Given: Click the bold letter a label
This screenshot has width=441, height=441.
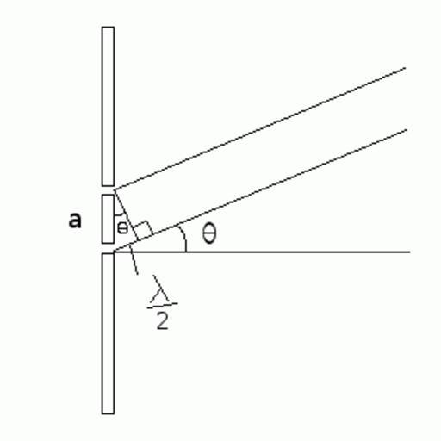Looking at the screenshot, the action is click(x=75, y=220).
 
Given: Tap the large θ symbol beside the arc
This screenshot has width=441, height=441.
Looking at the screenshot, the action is click(x=209, y=233).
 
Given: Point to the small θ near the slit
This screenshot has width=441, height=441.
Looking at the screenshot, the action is click(x=122, y=227).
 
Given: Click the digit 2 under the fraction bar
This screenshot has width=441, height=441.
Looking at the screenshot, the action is click(x=162, y=320).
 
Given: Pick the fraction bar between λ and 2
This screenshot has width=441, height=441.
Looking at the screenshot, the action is click(x=162, y=306).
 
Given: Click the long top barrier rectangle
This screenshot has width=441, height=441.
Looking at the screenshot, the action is click(x=108, y=107).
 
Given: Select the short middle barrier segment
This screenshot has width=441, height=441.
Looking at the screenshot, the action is click(x=108, y=219).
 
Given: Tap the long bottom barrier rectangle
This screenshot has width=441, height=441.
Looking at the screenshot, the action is click(x=108, y=333).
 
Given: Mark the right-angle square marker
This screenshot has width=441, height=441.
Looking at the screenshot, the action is click(x=144, y=228).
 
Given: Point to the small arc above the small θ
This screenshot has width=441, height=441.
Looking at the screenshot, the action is click(x=120, y=214).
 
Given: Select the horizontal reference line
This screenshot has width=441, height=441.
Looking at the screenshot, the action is click(x=262, y=252).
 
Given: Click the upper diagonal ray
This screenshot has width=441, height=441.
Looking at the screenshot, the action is click(x=260, y=129).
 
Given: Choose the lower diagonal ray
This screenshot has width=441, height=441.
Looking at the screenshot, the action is click(x=260, y=190).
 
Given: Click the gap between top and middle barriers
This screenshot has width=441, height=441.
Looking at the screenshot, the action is click(x=108, y=190).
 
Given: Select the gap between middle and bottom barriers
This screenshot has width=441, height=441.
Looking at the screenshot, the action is click(x=108, y=248).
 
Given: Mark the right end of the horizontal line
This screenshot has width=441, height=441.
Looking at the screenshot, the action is click(x=410, y=252).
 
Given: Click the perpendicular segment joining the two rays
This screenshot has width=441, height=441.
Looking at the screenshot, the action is click(x=127, y=215).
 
